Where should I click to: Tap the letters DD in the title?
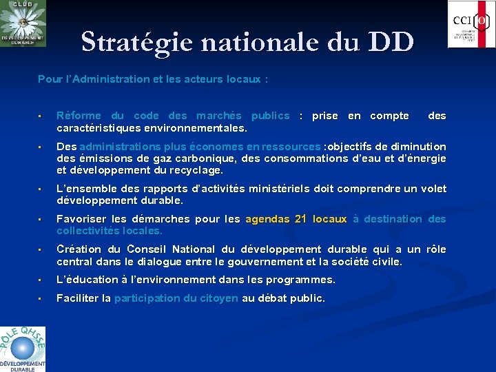tap(391, 41)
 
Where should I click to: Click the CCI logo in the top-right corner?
tap(471, 24)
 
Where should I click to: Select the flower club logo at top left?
tap(23, 23)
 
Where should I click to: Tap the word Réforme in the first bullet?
tap(79, 116)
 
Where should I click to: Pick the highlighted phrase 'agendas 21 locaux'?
tap(296, 219)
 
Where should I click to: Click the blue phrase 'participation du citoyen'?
tap(176, 298)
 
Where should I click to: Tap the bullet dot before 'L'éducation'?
tap(41, 280)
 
